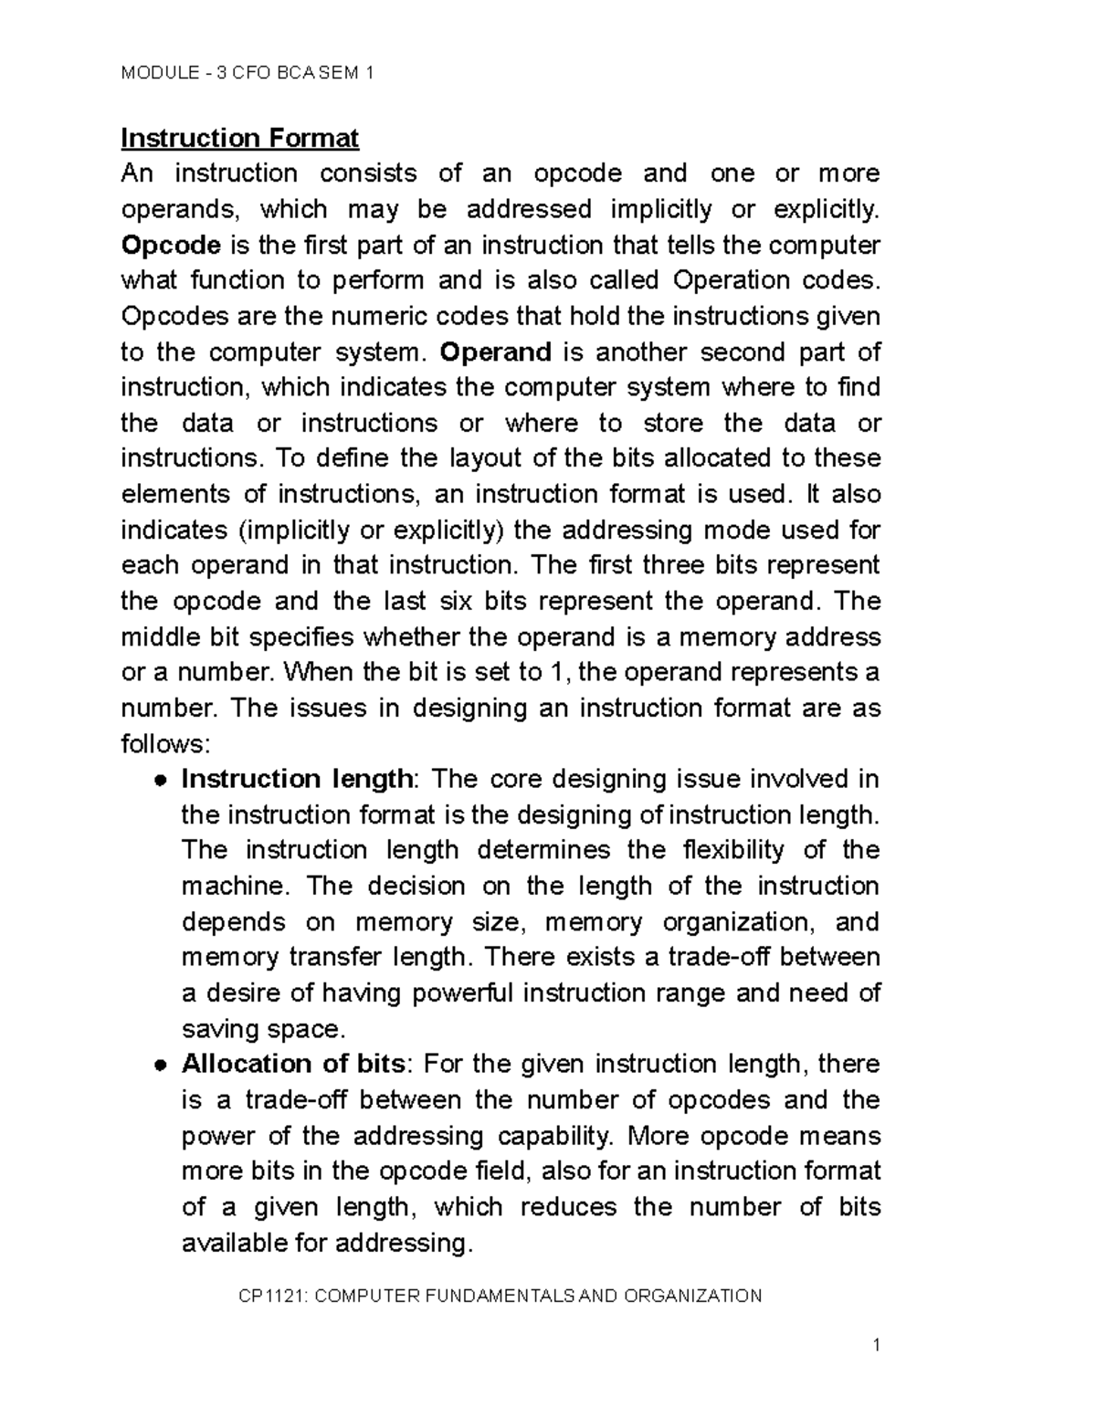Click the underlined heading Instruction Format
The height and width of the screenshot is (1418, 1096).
tap(240, 138)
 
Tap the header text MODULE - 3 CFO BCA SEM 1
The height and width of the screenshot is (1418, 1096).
tap(248, 73)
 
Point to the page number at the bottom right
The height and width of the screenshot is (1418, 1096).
tap(876, 1345)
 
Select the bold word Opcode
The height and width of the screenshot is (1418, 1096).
tap(171, 246)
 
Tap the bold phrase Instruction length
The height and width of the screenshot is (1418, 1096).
tap(297, 779)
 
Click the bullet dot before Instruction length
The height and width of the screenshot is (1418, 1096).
tap(159, 781)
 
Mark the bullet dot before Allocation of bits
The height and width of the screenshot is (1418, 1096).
tap(159, 1066)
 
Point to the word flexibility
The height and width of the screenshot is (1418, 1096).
tap(733, 850)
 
